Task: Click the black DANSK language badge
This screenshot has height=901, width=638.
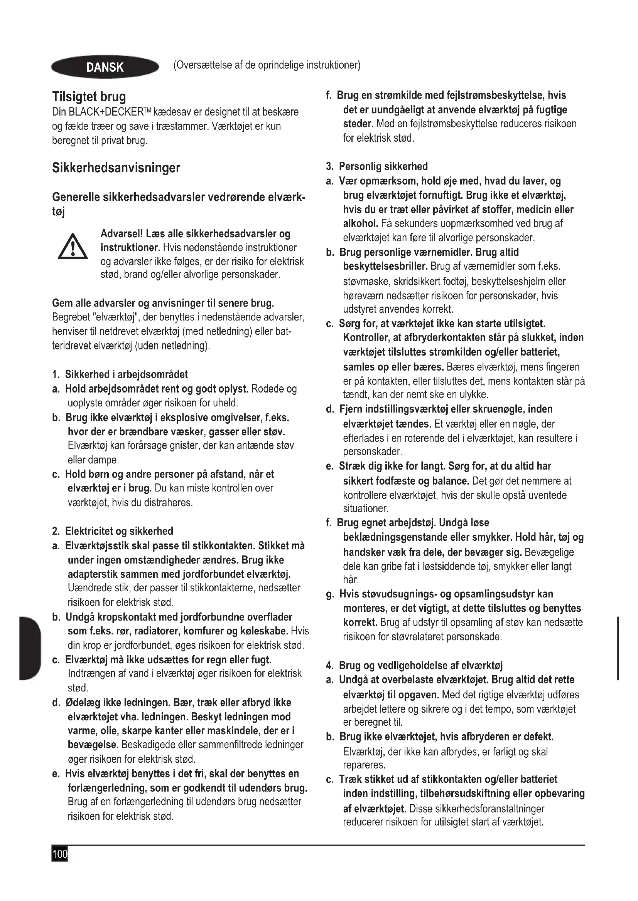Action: [x=105, y=67]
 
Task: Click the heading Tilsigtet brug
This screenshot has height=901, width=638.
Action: [x=89, y=97]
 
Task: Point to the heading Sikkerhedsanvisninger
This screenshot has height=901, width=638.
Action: [x=116, y=168]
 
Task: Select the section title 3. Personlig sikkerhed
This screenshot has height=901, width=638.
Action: [x=377, y=166]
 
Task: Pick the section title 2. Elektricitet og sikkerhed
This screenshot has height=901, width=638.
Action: [x=112, y=531]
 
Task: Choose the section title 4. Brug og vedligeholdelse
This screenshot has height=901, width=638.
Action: [x=414, y=666]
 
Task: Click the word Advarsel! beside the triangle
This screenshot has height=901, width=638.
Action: [x=122, y=234]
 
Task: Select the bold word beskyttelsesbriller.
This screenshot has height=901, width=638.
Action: [x=385, y=267]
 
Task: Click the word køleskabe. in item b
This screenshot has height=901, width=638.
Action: [x=264, y=631]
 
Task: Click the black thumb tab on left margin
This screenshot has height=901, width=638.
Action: [x=30, y=648]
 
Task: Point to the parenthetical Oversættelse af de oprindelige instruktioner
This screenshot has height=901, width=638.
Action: [x=267, y=65]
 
